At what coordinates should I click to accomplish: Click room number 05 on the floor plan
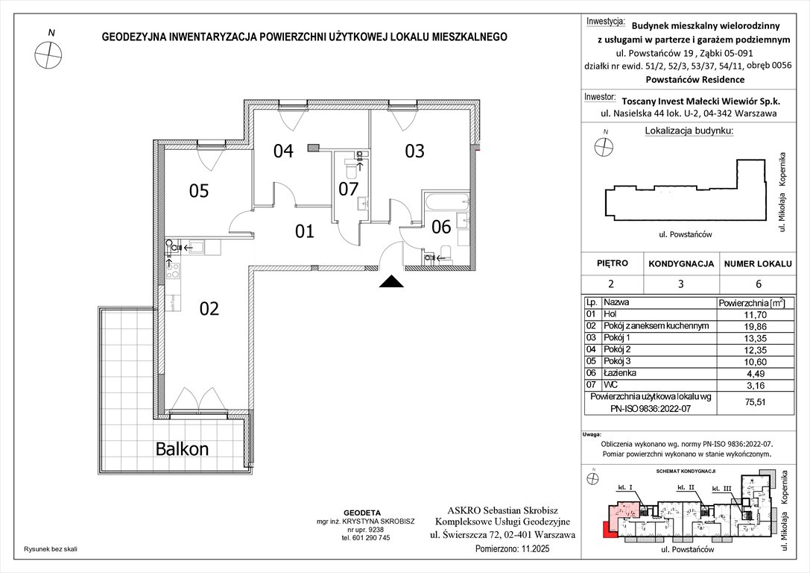coord(198,191)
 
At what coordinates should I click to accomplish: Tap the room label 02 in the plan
coord(209,308)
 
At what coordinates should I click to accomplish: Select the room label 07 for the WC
coord(349,189)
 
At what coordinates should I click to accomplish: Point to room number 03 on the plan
coord(414,151)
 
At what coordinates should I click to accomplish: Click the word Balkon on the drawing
coord(182,449)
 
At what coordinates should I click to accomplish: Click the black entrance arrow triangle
coord(392,281)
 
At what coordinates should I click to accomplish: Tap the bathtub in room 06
coord(444,202)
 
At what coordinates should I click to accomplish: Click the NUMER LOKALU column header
coord(756,263)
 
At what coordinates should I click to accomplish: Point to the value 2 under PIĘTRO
coord(612,284)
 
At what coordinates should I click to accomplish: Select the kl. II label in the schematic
coord(686,487)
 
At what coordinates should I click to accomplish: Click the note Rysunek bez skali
coord(51,548)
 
